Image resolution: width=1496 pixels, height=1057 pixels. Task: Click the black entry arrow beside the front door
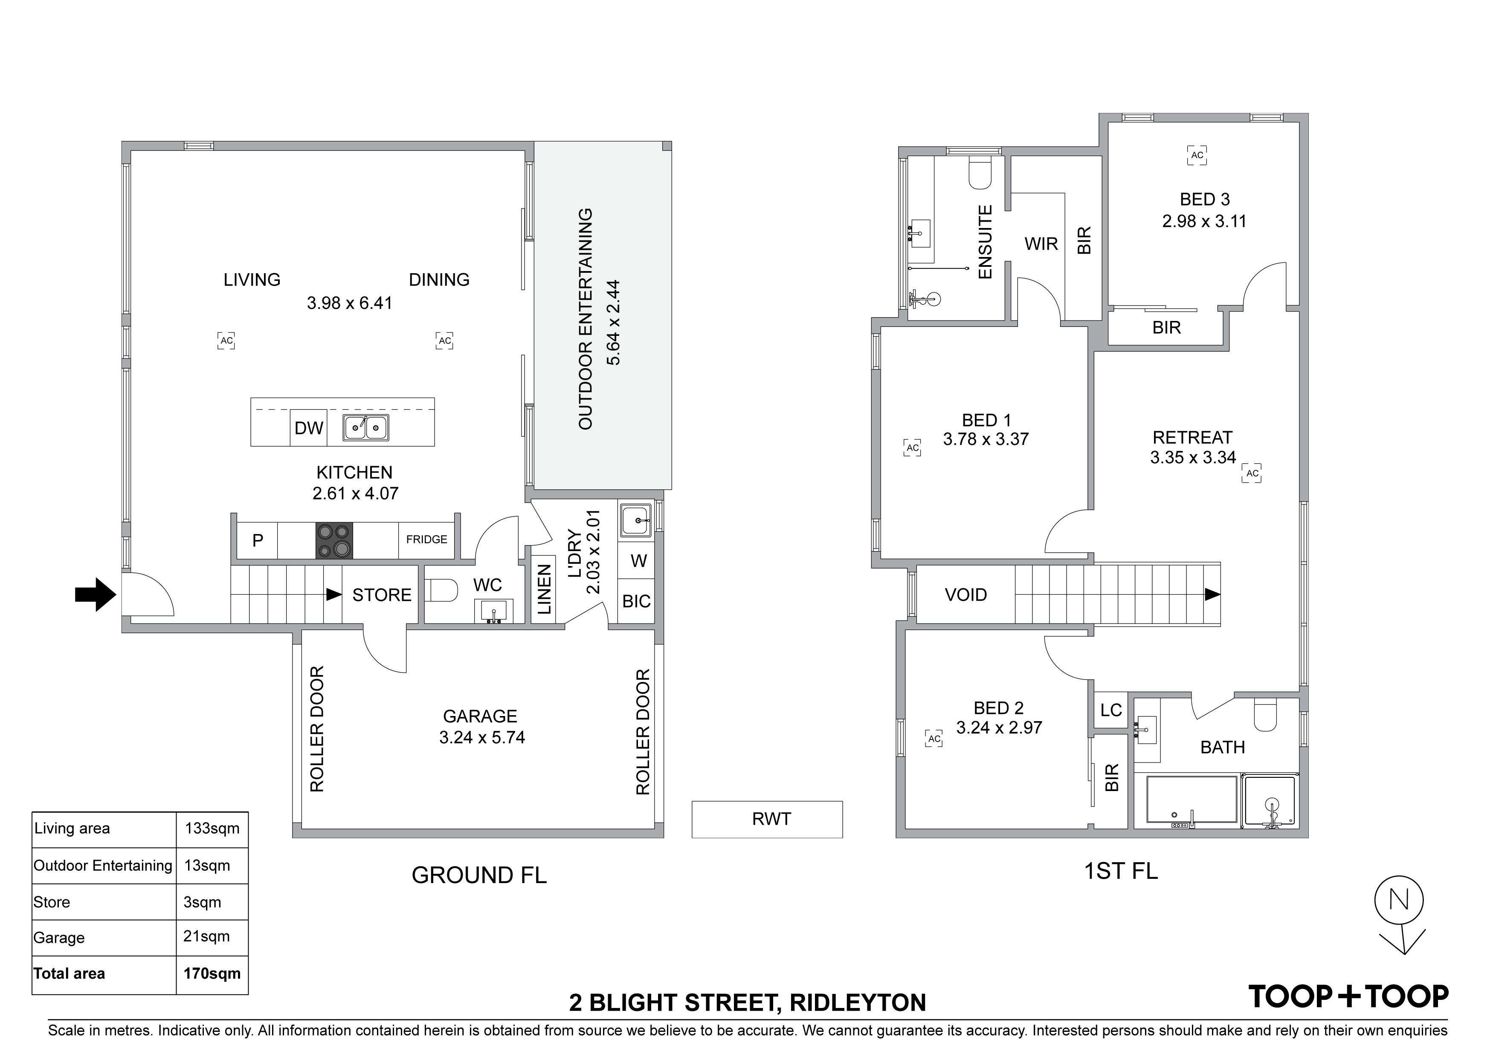(x=95, y=594)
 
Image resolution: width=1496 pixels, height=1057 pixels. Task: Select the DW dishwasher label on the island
(x=309, y=428)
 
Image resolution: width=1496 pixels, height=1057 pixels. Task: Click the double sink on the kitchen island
(x=366, y=428)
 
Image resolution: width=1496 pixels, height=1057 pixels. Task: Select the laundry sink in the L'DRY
(x=635, y=520)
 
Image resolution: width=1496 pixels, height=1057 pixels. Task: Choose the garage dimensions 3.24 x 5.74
(x=482, y=737)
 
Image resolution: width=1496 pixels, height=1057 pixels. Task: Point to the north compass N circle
(x=1399, y=901)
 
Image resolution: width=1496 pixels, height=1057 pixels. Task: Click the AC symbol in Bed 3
(x=1197, y=156)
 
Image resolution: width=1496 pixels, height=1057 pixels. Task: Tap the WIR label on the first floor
(x=1041, y=244)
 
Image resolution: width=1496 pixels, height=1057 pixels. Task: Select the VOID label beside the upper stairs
(x=965, y=595)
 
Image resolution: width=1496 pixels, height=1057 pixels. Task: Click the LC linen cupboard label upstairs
(x=1111, y=710)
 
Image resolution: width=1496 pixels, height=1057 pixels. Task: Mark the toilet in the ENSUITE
(x=980, y=173)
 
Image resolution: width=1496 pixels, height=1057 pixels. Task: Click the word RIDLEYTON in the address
(x=858, y=1002)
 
